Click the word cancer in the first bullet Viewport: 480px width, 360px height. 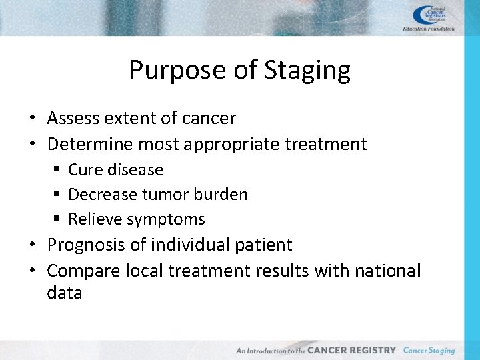coord(209,119)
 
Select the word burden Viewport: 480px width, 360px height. coord(223,195)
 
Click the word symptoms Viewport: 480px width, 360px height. coord(166,219)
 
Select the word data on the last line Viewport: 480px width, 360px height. coord(65,293)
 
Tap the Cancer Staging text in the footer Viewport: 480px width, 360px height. coord(429,350)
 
